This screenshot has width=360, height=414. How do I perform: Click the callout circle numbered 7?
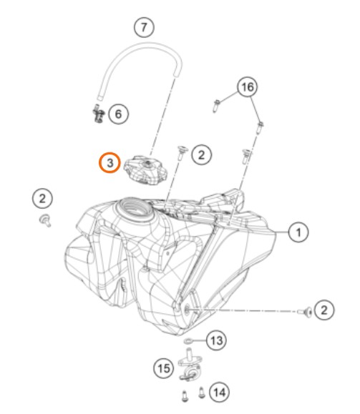click(x=144, y=27)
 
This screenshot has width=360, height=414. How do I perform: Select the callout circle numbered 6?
click(x=118, y=114)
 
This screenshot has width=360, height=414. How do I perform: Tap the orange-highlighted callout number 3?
click(x=110, y=162)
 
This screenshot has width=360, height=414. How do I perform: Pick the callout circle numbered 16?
click(x=248, y=87)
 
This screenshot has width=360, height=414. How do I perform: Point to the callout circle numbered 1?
click(x=298, y=232)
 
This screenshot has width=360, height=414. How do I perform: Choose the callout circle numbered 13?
click(x=216, y=340)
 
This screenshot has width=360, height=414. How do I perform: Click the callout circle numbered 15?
click(x=164, y=368)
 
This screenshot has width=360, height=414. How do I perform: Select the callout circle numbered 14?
click(x=220, y=393)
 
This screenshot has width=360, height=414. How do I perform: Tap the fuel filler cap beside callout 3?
click(x=145, y=169)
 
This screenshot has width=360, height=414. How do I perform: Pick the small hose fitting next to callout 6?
click(x=98, y=114)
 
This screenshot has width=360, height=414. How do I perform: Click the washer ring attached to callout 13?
click(x=188, y=341)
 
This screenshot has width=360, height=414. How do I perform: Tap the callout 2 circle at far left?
click(x=42, y=198)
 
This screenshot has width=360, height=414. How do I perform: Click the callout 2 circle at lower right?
click(x=324, y=310)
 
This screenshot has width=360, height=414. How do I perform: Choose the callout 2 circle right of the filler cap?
click(x=201, y=154)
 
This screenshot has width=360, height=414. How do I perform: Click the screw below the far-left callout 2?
click(x=45, y=220)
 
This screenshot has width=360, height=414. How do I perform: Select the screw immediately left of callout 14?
click(x=201, y=393)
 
